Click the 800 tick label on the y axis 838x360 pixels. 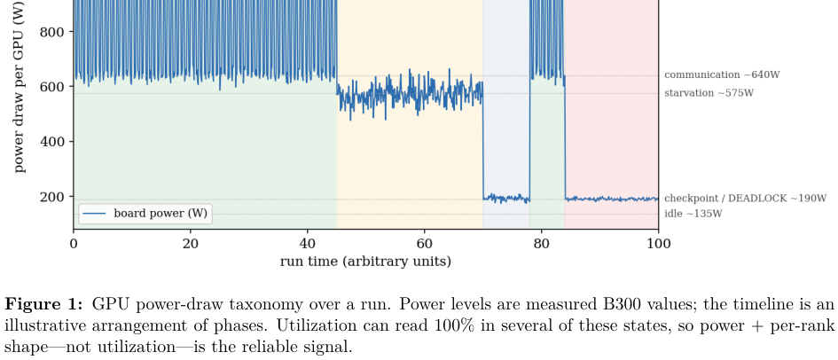click(51, 32)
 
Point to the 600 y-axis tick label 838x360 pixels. click(51, 87)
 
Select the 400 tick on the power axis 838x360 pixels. click(51, 142)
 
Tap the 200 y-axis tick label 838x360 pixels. click(51, 197)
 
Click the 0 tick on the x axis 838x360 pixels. click(74, 244)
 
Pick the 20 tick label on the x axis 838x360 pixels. click(191, 244)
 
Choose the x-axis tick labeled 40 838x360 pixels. click(308, 244)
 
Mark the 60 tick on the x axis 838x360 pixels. click(425, 244)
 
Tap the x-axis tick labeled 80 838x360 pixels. click(542, 244)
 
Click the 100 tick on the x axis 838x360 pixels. click(658, 244)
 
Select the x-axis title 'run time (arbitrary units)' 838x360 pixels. click(365, 262)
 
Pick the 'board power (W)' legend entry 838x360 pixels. click(145, 214)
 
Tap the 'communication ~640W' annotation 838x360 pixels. click(722, 74)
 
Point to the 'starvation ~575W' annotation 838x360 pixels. click(709, 93)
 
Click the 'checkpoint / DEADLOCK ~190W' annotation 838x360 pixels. click(746, 198)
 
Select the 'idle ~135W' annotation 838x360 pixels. click(693, 215)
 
